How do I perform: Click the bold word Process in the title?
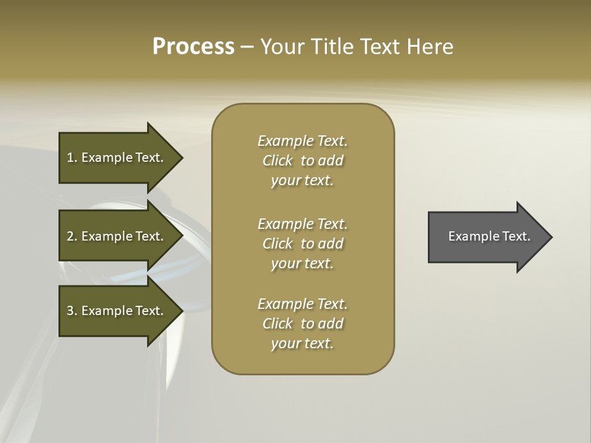click(193, 47)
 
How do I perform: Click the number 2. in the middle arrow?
click(71, 236)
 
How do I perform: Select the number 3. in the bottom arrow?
click(71, 311)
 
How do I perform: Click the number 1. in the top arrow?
click(71, 158)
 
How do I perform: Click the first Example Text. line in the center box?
click(302, 141)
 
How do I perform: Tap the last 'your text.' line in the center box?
click(302, 343)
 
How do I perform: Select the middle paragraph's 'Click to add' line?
click(302, 244)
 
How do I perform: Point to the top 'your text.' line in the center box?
click(302, 180)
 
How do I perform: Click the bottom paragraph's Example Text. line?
click(302, 304)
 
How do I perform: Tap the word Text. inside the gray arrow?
click(516, 236)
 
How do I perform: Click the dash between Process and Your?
click(247, 47)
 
